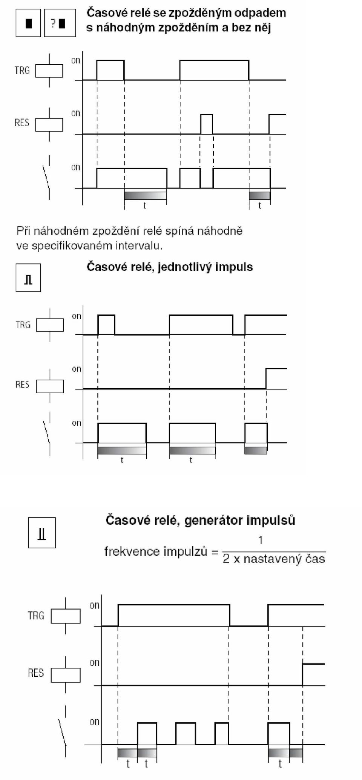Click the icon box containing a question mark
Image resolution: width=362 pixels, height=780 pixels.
60,23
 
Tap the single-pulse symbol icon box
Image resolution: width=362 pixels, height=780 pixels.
28,278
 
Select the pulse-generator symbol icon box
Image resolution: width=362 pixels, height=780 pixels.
42,533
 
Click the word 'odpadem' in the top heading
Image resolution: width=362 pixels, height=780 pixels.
260,14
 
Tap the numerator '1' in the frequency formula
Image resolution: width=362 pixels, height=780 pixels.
261,540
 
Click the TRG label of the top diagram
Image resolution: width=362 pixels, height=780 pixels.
22,70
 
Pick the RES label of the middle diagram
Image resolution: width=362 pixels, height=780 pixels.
22,385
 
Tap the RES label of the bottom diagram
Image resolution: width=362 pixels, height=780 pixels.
36,673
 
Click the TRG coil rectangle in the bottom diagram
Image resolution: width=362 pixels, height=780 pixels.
66,616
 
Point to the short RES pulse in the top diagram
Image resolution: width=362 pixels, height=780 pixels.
206,124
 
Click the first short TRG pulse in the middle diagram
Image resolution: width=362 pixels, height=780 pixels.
106,325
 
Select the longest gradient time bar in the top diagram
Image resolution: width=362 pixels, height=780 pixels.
145,196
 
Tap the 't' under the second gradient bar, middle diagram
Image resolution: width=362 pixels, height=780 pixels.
191,460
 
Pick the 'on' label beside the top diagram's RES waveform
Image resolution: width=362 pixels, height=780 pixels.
76,113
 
